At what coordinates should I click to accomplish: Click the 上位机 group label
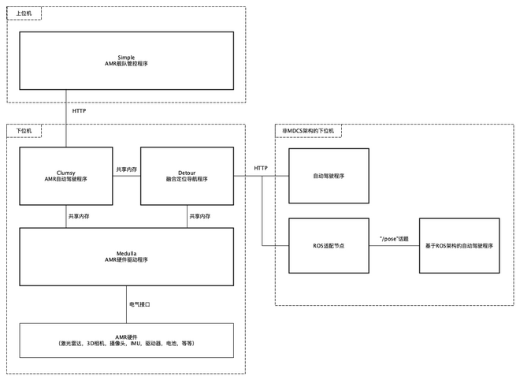(24, 14)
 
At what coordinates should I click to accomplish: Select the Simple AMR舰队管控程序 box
(127, 60)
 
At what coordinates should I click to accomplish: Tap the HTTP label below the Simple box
(80, 111)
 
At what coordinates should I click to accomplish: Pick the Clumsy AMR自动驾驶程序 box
(67, 176)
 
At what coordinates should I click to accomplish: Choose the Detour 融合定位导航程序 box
(187, 176)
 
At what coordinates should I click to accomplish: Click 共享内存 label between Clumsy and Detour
(127, 170)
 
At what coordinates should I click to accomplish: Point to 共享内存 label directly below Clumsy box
(79, 216)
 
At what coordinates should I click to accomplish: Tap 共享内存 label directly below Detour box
(199, 216)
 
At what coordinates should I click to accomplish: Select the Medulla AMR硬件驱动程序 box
(127, 257)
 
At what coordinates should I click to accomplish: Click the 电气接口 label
(139, 304)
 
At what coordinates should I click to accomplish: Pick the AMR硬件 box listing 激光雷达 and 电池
(127, 340)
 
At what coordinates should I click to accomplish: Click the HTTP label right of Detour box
(261, 169)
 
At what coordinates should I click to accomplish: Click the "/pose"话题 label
(393, 239)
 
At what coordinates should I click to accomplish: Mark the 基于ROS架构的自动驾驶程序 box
(459, 246)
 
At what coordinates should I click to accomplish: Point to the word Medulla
(127, 252)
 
